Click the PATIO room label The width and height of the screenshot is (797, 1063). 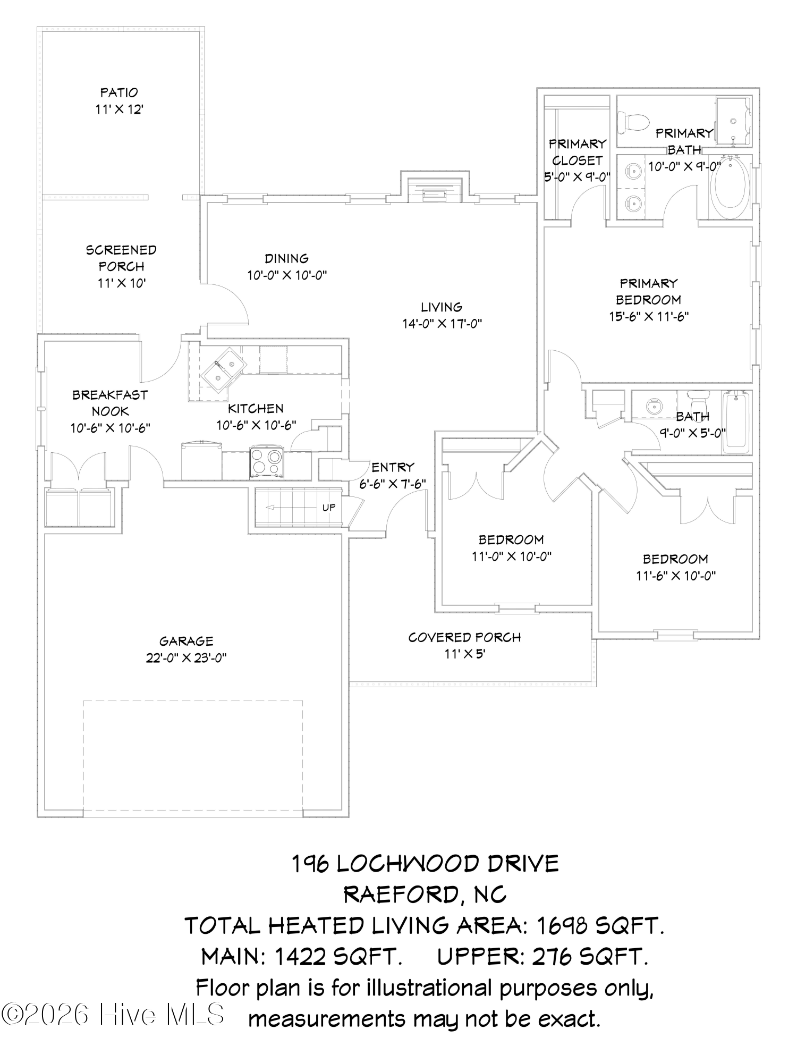click(x=119, y=92)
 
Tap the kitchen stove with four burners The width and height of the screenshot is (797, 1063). click(x=267, y=461)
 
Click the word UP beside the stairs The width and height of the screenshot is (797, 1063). click(x=329, y=508)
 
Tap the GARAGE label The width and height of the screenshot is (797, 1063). click(x=186, y=641)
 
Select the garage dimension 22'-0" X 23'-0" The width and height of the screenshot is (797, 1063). click(x=186, y=658)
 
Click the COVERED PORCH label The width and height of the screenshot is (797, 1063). click(x=464, y=637)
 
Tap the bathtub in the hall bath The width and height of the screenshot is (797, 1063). click(x=736, y=423)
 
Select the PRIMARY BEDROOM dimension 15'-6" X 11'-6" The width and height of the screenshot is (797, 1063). click(x=649, y=317)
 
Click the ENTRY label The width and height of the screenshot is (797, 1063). click(x=393, y=467)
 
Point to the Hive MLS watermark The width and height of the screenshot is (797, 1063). click(x=113, y=1015)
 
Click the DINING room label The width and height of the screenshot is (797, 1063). click(x=287, y=258)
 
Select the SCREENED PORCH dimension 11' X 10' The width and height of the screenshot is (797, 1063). click(x=122, y=283)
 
